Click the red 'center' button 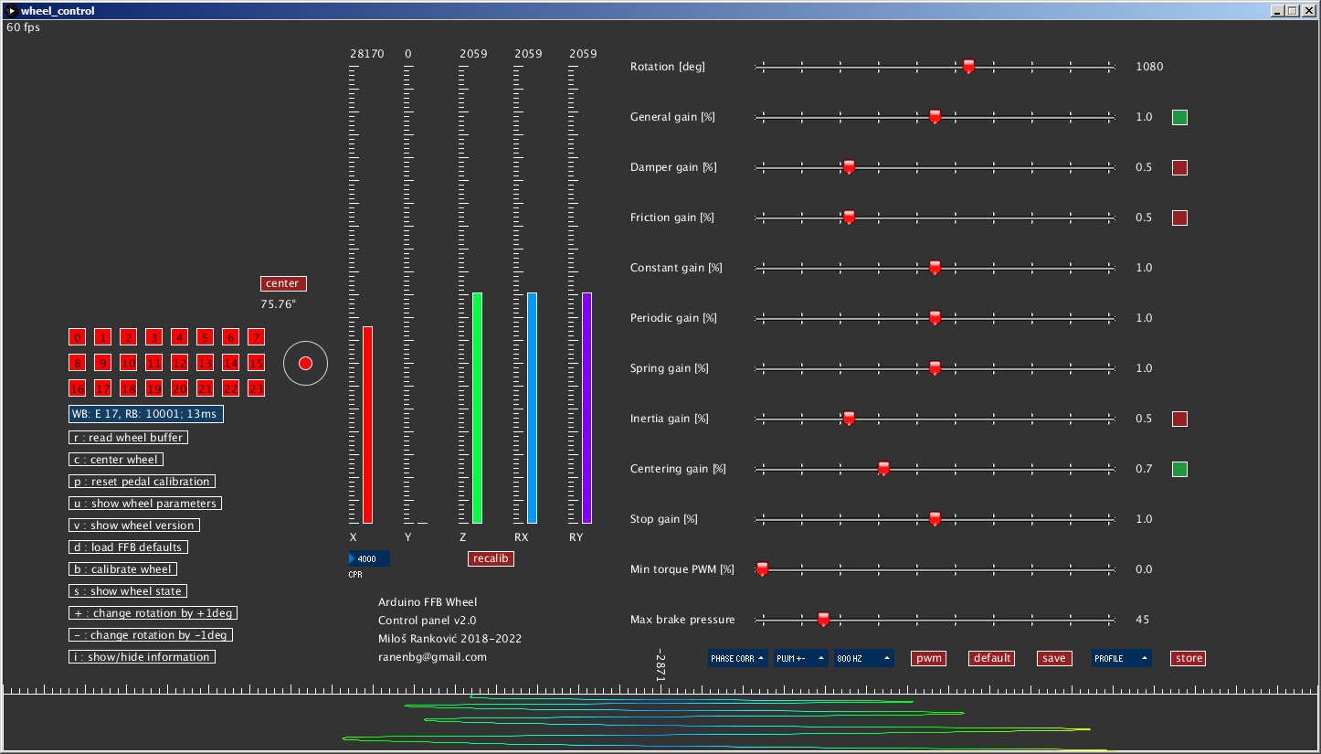[x=282, y=283]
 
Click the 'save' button [x=1053, y=658]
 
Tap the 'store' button [x=1189, y=658]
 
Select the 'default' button [x=991, y=658]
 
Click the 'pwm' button [x=928, y=658]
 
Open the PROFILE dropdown [x=1121, y=658]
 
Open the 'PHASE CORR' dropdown [x=737, y=658]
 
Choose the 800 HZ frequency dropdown [x=863, y=658]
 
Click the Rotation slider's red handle [x=969, y=66]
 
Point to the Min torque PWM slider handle [x=762, y=568]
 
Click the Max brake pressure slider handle [x=823, y=619]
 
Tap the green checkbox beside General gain [x=1179, y=117]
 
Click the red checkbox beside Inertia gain [x=1179, y=419]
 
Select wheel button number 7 [x=256, y=337]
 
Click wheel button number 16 [x=77, y=388]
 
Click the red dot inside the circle [x=305, y=364]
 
